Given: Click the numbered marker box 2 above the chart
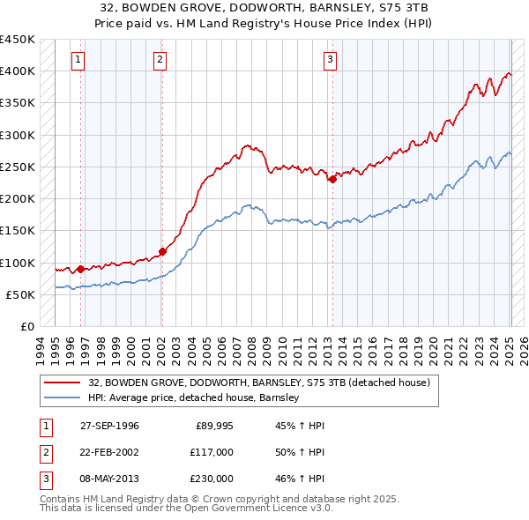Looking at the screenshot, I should (160, 60).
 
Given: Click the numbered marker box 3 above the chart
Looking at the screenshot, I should (330, 60).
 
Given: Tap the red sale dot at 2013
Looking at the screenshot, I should (332, 180).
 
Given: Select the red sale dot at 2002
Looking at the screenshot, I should (162, 251).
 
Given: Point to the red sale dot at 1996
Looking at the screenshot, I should (81, 269).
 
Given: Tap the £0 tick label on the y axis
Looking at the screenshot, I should (26, 326).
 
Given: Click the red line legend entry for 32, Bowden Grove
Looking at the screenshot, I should (258, 383).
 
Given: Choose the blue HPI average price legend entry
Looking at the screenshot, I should (194, 397).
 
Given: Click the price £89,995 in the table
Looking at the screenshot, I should (212, 426).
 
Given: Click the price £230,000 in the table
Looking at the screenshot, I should (212, 479).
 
